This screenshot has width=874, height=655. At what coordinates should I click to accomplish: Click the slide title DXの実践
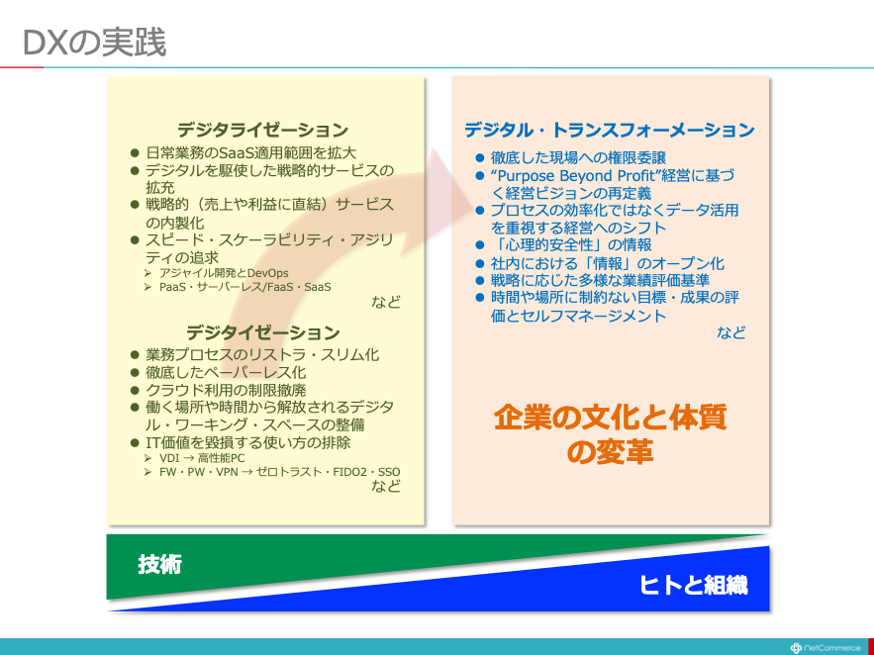(x=95, y=43)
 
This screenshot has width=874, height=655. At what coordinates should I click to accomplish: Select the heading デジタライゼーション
(x=262, y=130)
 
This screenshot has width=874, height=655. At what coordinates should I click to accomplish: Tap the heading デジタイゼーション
(x=262, y=332)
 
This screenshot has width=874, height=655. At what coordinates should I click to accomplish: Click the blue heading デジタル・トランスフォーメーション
(x=610, y=130)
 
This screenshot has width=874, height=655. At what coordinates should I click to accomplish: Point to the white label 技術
(x=160, y=565)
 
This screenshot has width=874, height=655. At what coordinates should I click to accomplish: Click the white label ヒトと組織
(x=694, y=585)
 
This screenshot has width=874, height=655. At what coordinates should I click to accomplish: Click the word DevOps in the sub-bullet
(x=267, y=273)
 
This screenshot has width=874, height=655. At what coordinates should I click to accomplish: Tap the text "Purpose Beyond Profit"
(x=572, y=176)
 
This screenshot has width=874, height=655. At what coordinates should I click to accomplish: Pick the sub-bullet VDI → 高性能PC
(x=202, y=458)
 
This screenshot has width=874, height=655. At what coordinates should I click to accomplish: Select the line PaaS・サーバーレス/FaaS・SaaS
(x=244, y=287)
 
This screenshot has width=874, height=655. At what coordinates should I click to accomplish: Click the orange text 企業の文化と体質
(x=610, y=419)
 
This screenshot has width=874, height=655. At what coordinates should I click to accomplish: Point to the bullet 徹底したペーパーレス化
(x=226, y=372)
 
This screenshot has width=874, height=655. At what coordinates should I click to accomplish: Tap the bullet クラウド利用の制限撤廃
(x=226, y=390)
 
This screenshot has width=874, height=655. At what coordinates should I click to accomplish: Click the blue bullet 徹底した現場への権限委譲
(x=578, y=158)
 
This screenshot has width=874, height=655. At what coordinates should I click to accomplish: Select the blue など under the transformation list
(x=730, y=332)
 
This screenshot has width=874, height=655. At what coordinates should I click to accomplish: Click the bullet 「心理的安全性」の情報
(x=571, y=245)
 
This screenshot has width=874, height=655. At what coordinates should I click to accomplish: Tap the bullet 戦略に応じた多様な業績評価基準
(x=600, y=280)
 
